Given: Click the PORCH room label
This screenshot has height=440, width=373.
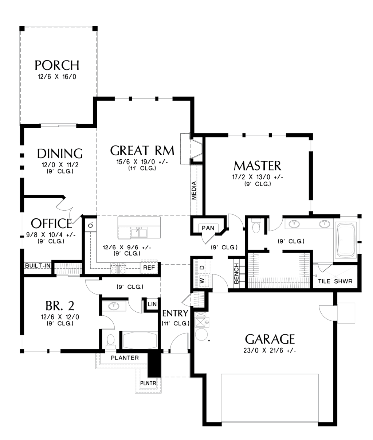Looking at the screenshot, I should coord(57,65).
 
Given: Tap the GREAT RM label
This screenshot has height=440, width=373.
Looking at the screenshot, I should coord(142,150).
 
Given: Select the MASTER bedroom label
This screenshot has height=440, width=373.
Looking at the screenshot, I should coord(257,166).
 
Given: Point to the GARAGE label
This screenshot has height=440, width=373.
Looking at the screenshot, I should coord(270,339).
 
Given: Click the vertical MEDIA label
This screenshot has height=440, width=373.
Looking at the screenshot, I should coord(194,191).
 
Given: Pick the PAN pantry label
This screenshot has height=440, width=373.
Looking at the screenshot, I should coord(208,228).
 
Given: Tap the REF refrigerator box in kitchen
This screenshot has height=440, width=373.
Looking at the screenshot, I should coord(149,268).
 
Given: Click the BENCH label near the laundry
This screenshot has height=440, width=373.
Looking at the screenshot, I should coord(236,273).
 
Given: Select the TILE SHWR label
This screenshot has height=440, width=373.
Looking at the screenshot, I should coord(333,281).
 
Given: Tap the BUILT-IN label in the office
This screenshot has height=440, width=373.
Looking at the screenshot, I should coord(38,265).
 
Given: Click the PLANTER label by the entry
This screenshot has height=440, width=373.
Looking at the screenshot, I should coord(125,358).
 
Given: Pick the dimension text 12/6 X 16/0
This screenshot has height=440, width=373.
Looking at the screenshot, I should coord(57,77).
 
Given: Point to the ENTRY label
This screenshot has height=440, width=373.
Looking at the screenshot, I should coord(175,313).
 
